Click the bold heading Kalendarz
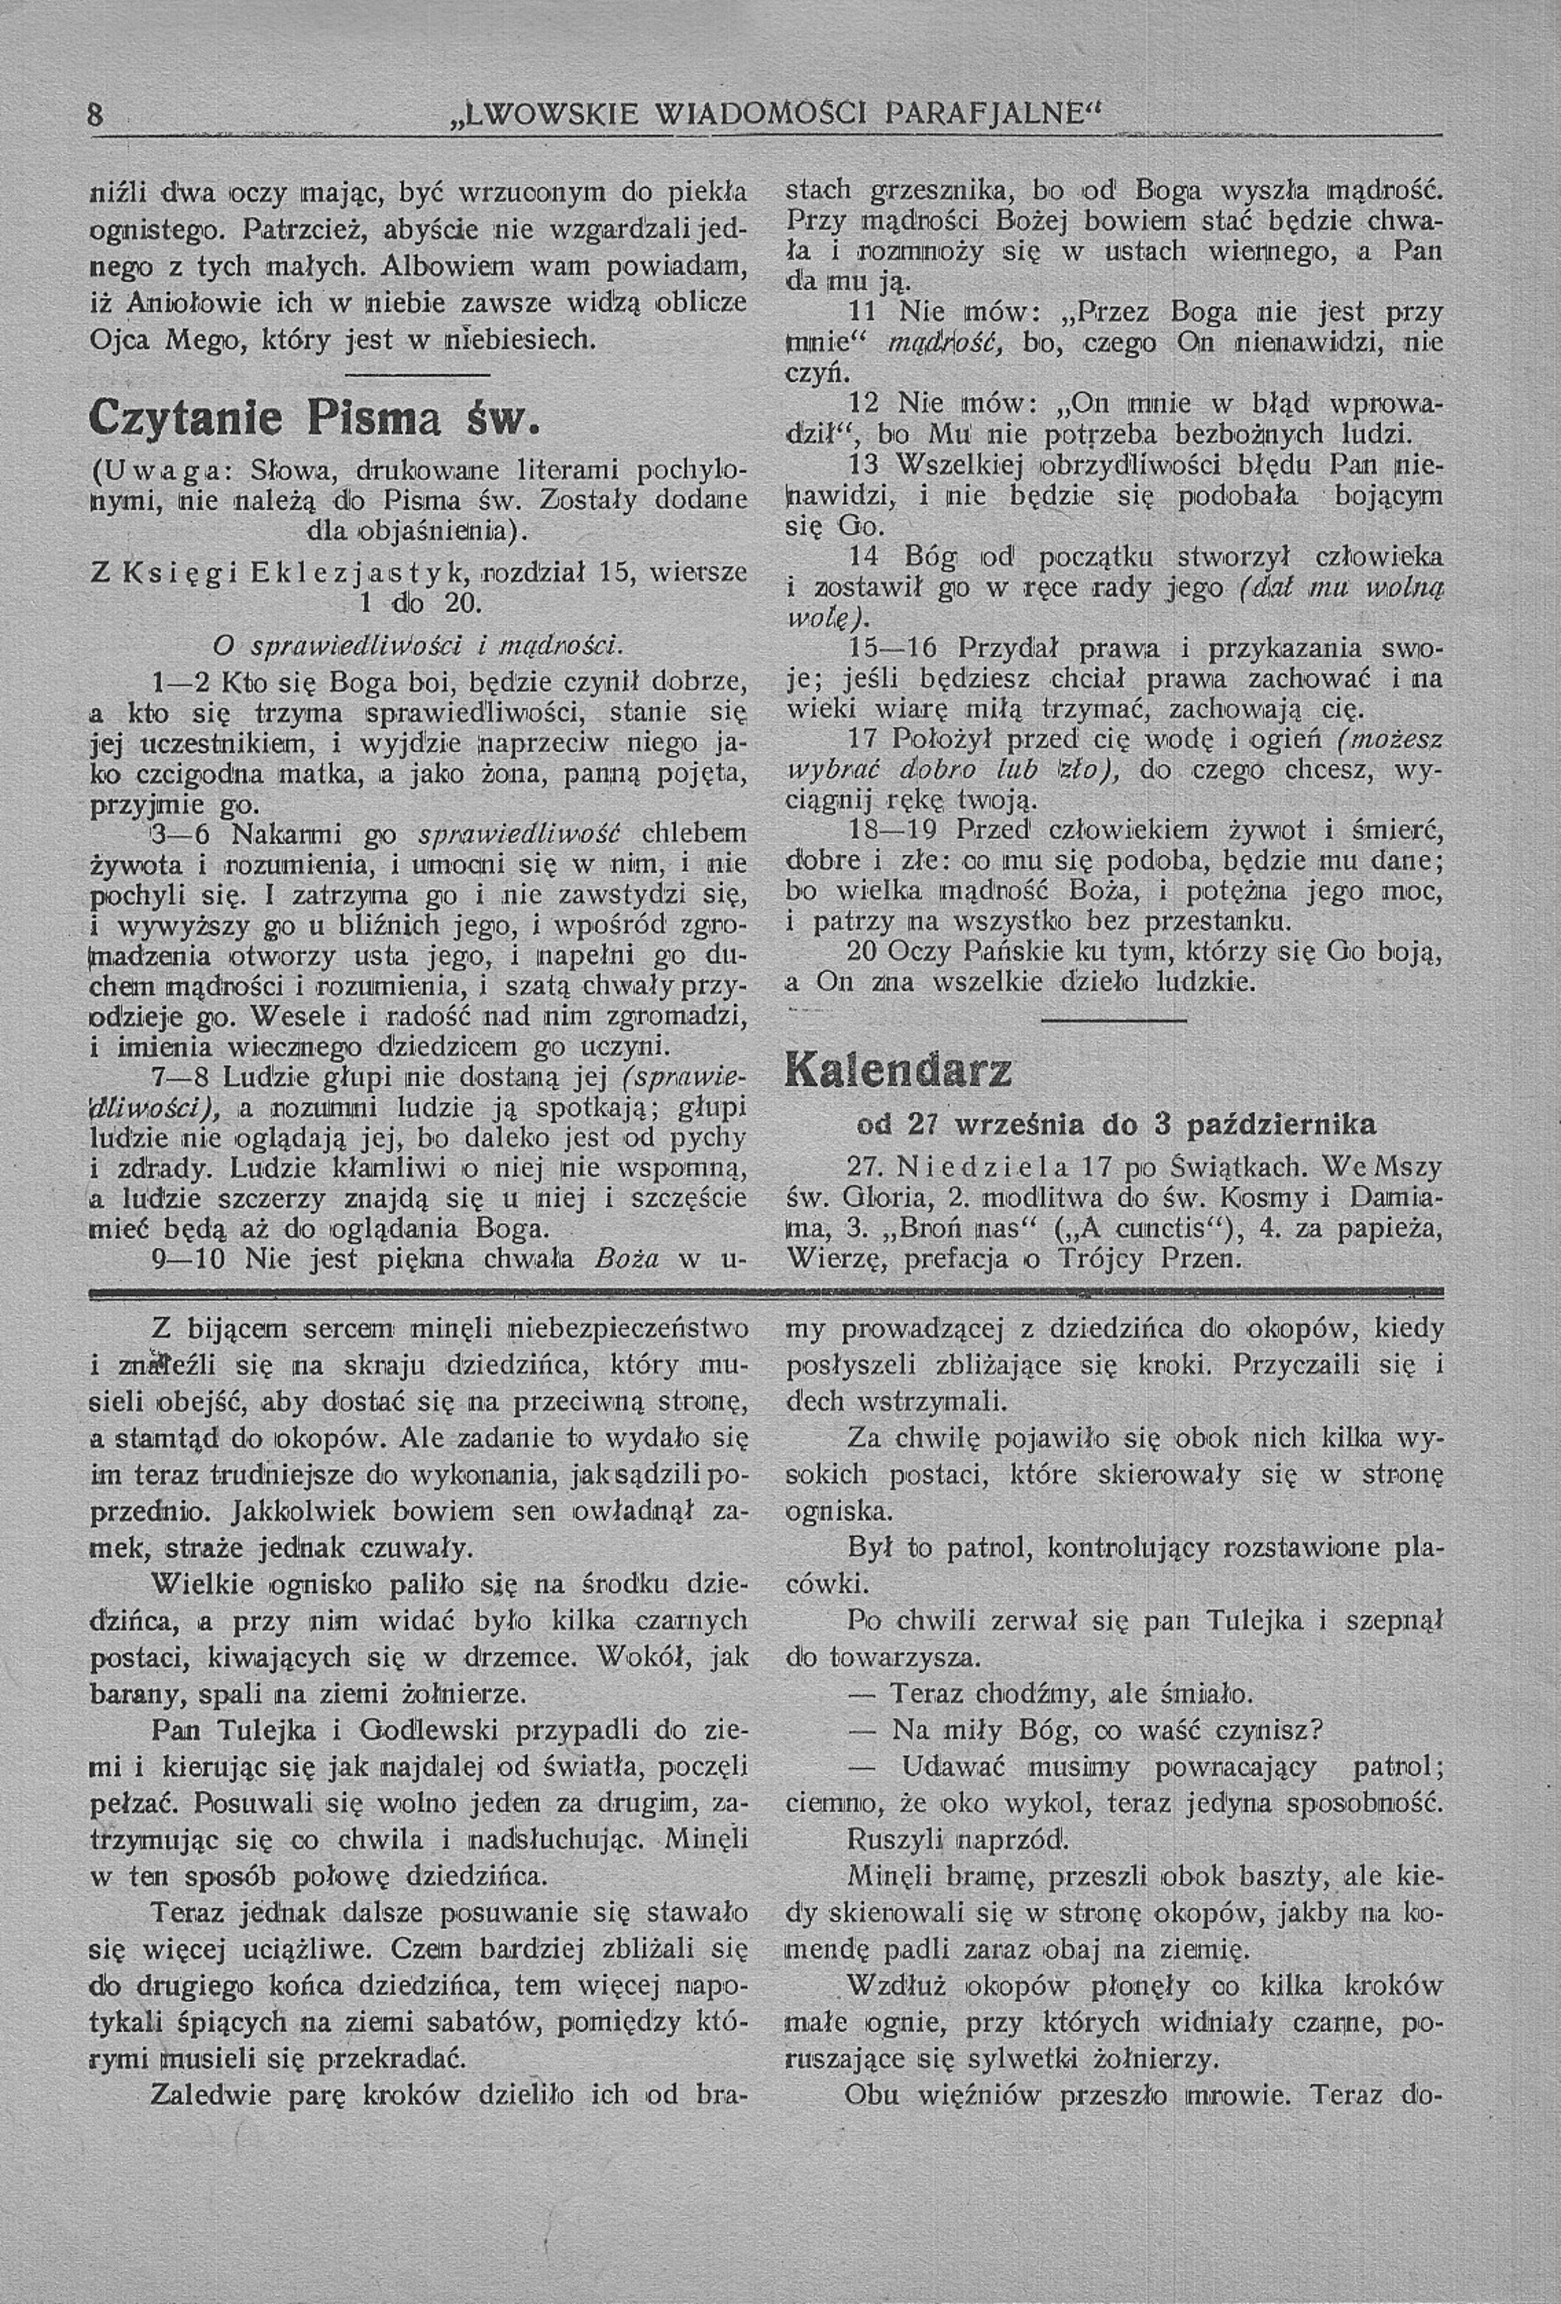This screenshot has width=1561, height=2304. click(x=900, y=1072)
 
